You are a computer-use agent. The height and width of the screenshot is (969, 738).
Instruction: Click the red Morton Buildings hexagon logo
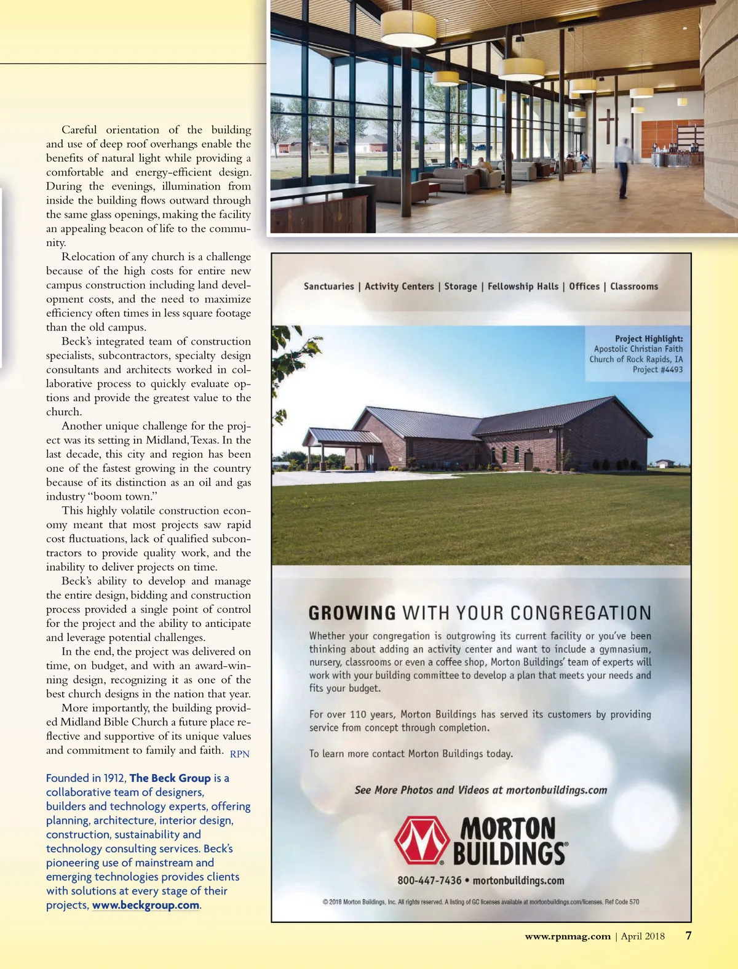coord(421,840)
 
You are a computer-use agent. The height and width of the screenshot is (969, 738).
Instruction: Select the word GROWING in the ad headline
coord(352,613)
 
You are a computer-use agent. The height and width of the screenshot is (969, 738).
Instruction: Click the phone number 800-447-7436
coord(429,880)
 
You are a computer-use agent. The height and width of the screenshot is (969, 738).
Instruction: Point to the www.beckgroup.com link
coord(146,905)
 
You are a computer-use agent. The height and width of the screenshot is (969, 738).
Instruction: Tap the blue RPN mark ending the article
coord(240,754)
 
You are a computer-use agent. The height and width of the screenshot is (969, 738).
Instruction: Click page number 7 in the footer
coord(689,936)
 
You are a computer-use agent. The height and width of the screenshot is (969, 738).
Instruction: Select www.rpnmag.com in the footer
coord(568,936)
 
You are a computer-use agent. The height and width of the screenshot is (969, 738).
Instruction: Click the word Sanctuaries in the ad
coord(329,286)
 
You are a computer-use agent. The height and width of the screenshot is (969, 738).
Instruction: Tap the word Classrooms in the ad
coord(634,286)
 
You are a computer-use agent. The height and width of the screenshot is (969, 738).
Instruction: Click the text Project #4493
coord(657,370)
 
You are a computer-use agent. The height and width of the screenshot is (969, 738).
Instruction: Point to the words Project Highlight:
coord(649,338)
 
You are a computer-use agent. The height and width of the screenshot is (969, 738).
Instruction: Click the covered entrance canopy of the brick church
coord(342,438)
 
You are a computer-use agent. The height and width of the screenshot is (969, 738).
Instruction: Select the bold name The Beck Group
coord(170,778)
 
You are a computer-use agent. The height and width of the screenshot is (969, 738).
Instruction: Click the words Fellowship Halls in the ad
coord(523,286)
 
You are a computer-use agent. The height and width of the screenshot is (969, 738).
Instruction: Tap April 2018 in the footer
coord(643,936)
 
